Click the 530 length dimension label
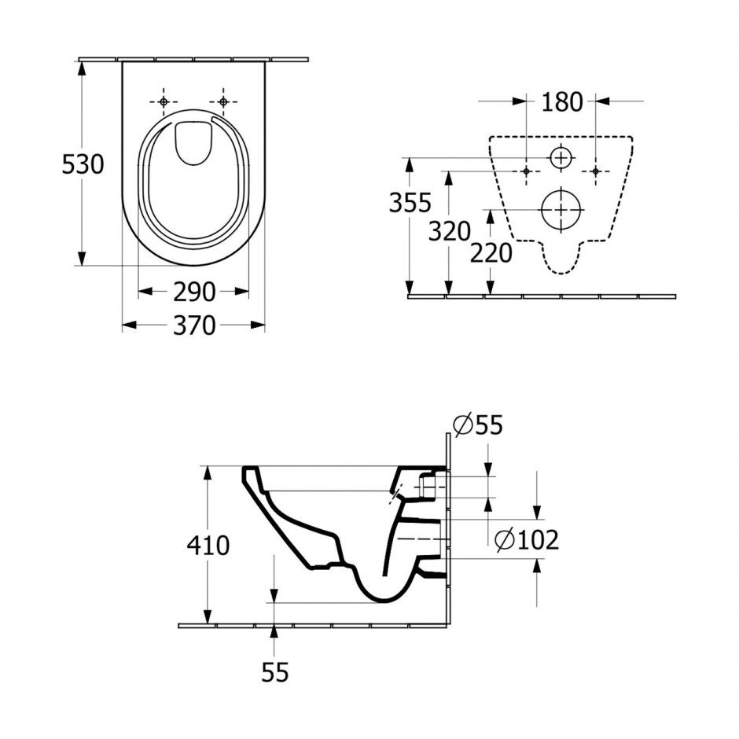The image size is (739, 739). point(83,165)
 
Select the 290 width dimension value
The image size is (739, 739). point(194,292)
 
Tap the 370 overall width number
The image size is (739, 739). point(194,325)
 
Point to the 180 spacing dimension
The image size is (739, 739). point(562,101)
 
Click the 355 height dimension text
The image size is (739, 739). point(410,203)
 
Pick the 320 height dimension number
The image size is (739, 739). point(450,231)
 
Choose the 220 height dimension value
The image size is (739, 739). point(491,254)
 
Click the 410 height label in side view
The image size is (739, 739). point(208,546)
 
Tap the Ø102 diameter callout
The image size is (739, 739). point(527,540)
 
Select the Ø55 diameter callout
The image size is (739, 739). point(478,425)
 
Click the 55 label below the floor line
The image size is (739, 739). point(275,672)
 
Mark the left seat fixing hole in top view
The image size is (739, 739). point(164,101)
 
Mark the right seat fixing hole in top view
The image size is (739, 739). point(223,101)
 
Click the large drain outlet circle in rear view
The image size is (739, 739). point(561,209)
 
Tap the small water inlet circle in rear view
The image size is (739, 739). point(561,157)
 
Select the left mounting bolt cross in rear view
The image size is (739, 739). point(527,171)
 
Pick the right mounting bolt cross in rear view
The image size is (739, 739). point(595,171)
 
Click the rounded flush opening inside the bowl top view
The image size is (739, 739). point(193,144)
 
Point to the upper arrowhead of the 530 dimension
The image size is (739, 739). point(82,68)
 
